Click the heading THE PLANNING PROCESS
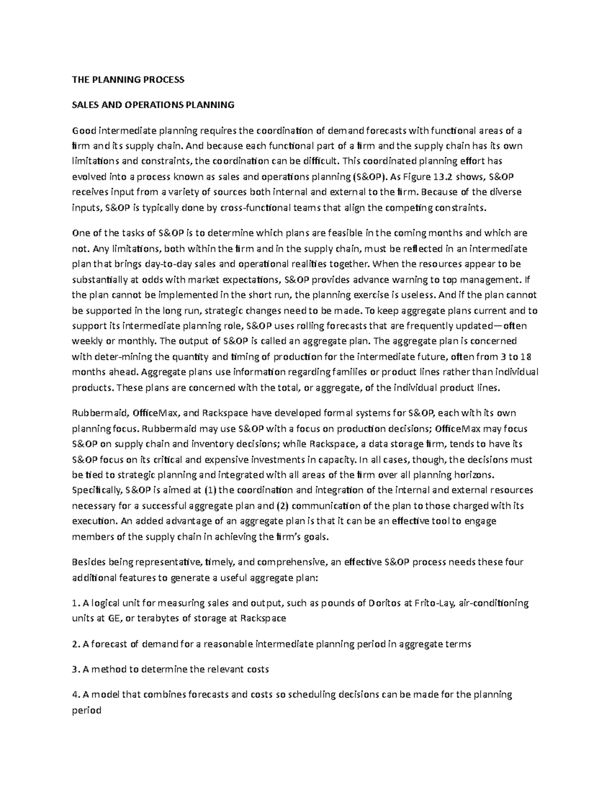[127, 80]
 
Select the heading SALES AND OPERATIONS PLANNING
[153, 105]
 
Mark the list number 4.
[74, 695]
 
